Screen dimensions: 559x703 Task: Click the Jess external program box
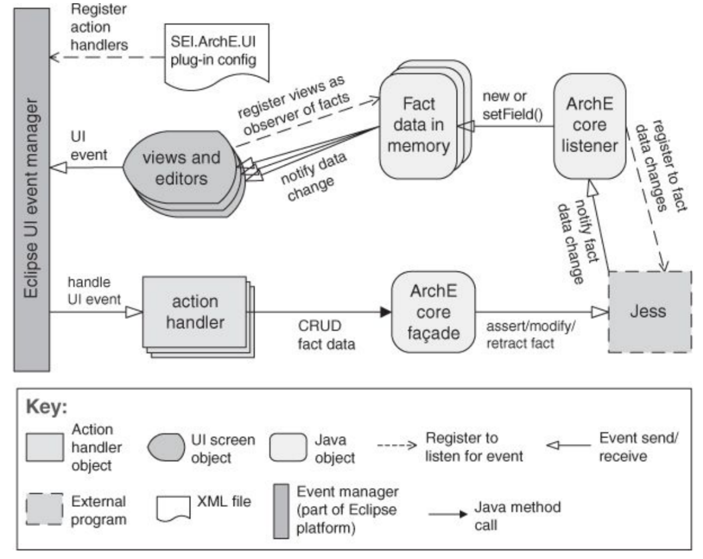(649, 312)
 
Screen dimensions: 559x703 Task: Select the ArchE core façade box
(433, 312)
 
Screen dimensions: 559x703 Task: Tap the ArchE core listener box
(589, 125)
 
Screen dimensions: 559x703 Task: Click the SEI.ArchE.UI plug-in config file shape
(216, 54)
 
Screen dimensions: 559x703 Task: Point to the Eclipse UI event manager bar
(32, 190)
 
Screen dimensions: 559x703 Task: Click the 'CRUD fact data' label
(326, 335)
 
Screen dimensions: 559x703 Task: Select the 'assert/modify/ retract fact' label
(530, 335)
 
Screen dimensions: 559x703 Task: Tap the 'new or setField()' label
(512, 105)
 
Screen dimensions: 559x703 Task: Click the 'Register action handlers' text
(99, 27)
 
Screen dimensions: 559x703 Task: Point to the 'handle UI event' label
(94, 291)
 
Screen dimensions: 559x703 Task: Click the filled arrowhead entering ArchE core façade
(385, 312)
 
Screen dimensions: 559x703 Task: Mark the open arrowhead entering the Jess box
(600, 312)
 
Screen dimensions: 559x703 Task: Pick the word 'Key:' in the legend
(46, 407)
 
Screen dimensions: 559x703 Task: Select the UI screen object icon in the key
(166, 447)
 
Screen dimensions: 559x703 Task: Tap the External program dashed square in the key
(44, 509)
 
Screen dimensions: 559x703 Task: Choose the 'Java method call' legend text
(517, 516)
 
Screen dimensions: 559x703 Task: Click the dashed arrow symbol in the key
(397, 445)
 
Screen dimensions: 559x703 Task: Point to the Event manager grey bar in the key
(281, 511)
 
